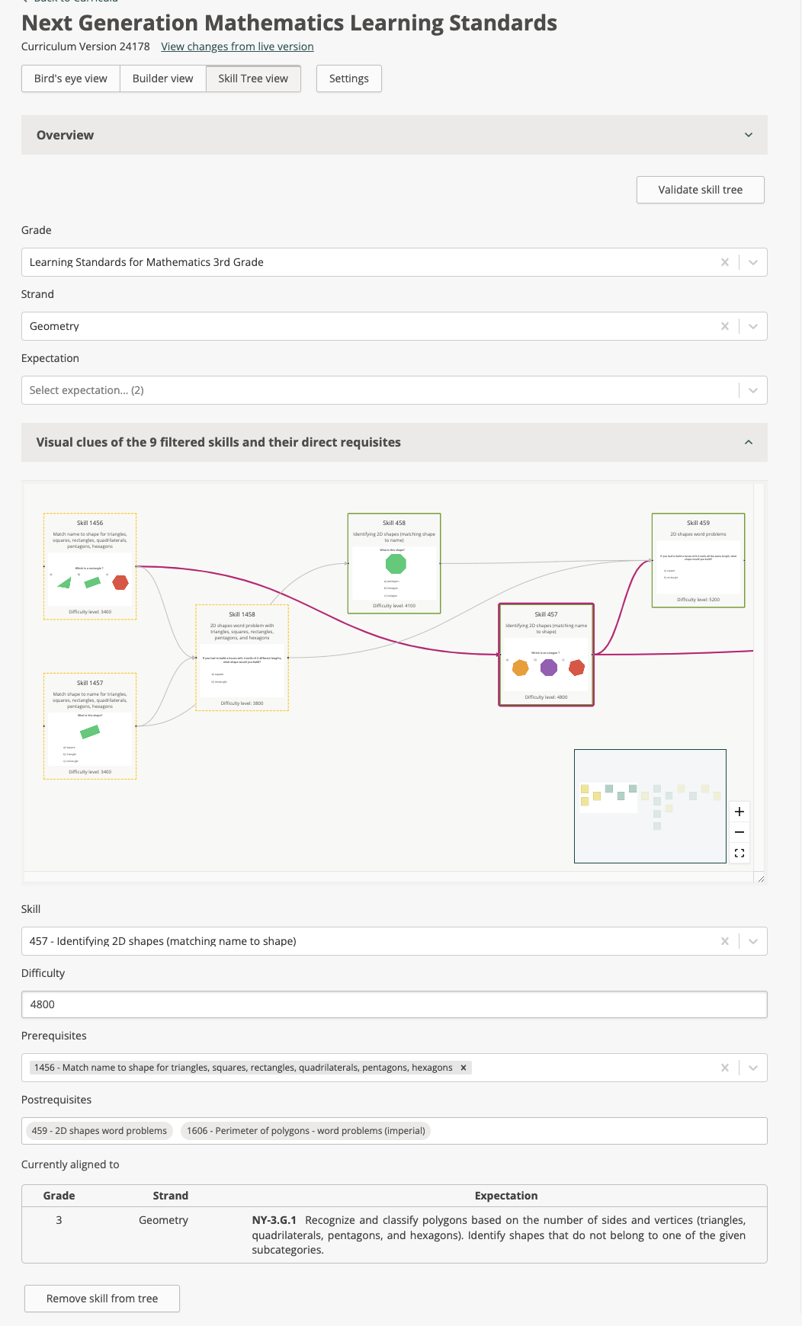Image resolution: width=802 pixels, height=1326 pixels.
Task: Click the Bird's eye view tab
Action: [71, 78]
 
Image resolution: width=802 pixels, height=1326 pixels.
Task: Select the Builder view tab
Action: [162, 78]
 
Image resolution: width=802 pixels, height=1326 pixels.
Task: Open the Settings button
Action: [348, 78]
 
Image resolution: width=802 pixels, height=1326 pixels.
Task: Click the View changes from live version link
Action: [237, 46]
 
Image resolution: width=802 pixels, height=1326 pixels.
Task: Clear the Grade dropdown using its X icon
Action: [724, 262]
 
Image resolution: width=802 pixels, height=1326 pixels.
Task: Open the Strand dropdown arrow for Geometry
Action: [752, 326]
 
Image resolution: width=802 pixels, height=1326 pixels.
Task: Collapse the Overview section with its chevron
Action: [748, 135]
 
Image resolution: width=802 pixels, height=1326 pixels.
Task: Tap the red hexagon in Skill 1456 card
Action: [120, 582]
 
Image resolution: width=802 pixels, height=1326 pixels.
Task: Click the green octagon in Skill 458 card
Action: [396, 564]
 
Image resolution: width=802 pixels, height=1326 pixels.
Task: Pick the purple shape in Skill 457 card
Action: [549, 668]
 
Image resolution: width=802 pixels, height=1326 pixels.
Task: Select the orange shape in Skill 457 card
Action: [521, 668]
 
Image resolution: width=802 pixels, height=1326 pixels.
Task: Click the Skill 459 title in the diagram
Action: [698, 523]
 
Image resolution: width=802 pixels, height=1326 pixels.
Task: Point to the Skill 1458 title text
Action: [242, 614]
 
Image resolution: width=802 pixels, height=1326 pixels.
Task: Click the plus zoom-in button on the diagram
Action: [739, 812]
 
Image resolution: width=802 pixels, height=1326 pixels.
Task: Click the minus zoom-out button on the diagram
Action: [739, 832]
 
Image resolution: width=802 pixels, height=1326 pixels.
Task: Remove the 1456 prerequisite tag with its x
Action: [463, 1068]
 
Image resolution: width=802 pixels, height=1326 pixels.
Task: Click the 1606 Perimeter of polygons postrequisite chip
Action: [306, 1131]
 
